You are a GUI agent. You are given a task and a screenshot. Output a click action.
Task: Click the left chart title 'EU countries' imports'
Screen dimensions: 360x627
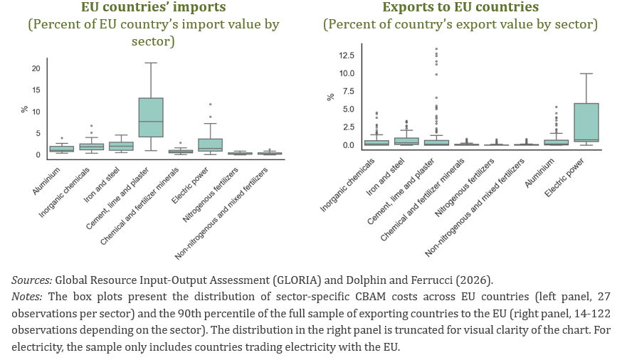[153, 8]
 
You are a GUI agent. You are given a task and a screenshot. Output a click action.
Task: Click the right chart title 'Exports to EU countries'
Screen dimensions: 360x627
[460, 8]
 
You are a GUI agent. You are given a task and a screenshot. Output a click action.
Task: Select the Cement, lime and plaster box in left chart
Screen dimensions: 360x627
[150, 117]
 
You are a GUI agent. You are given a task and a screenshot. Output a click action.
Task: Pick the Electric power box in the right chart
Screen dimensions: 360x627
[585, 122]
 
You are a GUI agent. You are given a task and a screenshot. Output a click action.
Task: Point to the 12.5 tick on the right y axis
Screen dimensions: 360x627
[347, 55]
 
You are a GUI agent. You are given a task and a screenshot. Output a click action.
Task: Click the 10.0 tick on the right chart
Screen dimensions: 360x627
[347, 73]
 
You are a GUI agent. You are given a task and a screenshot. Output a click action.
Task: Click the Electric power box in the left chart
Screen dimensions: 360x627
[211, 144]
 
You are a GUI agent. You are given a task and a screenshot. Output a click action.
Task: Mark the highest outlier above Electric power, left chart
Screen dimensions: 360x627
[211, 105]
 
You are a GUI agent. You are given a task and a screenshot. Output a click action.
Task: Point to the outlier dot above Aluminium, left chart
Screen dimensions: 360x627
[62, 138]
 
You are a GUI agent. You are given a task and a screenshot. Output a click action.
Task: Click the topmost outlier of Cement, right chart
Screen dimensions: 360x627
[436, 49]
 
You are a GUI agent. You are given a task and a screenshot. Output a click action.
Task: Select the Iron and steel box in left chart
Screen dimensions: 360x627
[121, 147]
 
